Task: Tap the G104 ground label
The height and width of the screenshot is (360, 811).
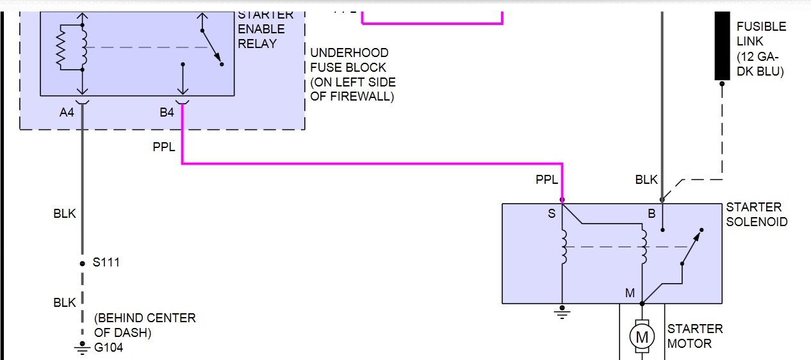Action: point(108,348)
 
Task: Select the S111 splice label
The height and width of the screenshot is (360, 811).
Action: point(106,262)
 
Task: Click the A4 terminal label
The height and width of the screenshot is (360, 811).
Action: point(67,113)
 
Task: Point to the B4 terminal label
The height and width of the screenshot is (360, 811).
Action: point(167,113)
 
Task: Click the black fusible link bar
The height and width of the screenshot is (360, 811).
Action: point(723,46)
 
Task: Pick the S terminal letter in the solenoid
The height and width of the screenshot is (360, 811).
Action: point(552,215)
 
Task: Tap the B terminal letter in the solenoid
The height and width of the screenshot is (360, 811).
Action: point(651,215)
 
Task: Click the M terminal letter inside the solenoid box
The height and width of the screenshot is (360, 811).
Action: point(630,293)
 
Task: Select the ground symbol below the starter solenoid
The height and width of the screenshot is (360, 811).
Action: point(562,313)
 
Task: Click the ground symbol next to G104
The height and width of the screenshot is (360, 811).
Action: point(82,348)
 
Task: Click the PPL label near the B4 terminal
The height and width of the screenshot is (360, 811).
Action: point(164,147)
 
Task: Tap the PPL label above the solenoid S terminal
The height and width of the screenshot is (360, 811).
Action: point(547,180)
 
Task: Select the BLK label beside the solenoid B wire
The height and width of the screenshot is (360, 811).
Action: point(646,180)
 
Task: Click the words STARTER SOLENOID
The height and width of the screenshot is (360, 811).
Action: point(757,215)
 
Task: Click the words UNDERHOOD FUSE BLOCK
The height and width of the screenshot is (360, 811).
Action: point(348,60)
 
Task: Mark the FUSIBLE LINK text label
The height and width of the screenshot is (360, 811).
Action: point(761,34)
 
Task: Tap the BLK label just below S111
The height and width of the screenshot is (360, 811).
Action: point(65,302)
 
